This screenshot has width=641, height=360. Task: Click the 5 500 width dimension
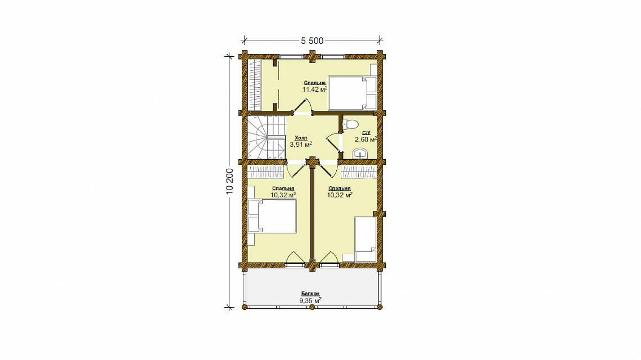tap(312, 40)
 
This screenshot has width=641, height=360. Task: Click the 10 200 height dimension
tap(230, 181)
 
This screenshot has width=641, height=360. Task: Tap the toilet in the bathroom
tap(350, 124)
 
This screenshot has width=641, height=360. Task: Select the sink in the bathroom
tap(360, 154)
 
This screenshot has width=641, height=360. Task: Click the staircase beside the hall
tap(266, 137)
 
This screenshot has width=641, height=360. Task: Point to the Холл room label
tap(301, 138)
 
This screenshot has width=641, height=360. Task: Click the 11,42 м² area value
tap(315, 89)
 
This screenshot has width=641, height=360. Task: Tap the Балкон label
tap(311, 294)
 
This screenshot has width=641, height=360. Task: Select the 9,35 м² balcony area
tap(310, 301)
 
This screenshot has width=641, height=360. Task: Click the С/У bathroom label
tap(366, 133)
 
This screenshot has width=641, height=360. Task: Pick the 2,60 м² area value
tap(365, 139)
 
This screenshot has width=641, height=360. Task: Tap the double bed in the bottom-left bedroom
tap(272, 216)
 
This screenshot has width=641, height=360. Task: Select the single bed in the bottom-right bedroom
tap(365, 239)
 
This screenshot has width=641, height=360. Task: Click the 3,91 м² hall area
tap(301, 145)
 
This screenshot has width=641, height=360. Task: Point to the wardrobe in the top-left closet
tap(255, 85)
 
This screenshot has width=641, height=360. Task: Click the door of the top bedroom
tap(303, 107)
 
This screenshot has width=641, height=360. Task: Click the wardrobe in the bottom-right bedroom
tap(359, 172)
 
